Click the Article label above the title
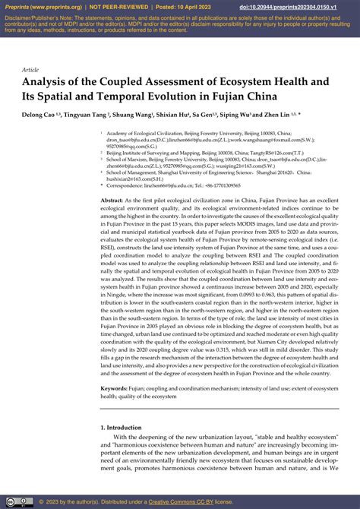click(x=30, y=69)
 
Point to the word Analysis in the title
click(x=51, y=83)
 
